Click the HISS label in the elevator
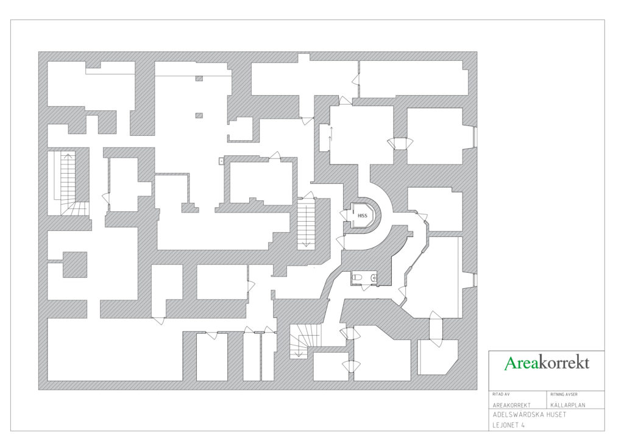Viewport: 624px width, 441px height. [x=362, y=216]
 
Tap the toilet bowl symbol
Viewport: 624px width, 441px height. [x=357, y=277]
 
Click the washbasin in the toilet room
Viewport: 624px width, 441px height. [x=374, y=278]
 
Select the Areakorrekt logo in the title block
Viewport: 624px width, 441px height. [x=547, y=363]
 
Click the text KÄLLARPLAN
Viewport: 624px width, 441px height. [x=568, y=405]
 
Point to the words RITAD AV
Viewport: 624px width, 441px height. [x=501, y=395]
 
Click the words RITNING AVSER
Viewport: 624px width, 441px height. [x=564, y=395]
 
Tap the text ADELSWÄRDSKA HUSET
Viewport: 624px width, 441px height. [x=529, y=415]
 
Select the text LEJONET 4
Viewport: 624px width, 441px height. [x=509, y=425]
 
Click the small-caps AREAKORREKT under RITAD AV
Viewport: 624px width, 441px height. [x=511, y=405]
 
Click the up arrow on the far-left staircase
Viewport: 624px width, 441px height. [x=68, y=156]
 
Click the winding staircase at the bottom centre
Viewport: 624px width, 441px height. [x=305, y=341]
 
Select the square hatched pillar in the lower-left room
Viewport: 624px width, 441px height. [x=75, y=264]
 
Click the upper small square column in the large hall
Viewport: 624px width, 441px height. [x=199, y=79]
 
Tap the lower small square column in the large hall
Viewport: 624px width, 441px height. [x=199, y=116]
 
